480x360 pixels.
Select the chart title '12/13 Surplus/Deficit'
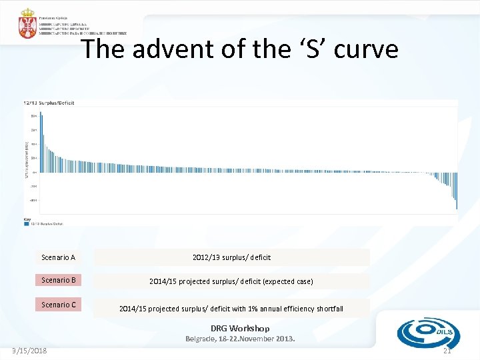pyautogui.click(x=49, y=103)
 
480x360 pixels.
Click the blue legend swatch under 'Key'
pyautogui.click(x=26, y=224)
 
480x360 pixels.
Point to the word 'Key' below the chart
pyautogui.click(x=27, y=219)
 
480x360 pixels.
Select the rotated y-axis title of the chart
pyautogui.click(x=27, y=159)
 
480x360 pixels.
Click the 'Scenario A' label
pyautogui.click(x=58, y=257)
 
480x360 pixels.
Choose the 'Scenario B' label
pyautogui.click(x=58, y=280)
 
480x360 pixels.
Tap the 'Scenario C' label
pyautogui.click(x=58, y=305)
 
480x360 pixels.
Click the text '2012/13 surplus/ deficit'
pyautogui.click(x=231, y=257)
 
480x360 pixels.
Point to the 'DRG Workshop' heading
pyautogui.click(x=240, y=328)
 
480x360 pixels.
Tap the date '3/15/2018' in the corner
pyautogui.click(x=30, y=351)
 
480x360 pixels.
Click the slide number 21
pyautogui.click(x=447, y=351)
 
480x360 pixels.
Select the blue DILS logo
pyautogui.click(x=423, y=331)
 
